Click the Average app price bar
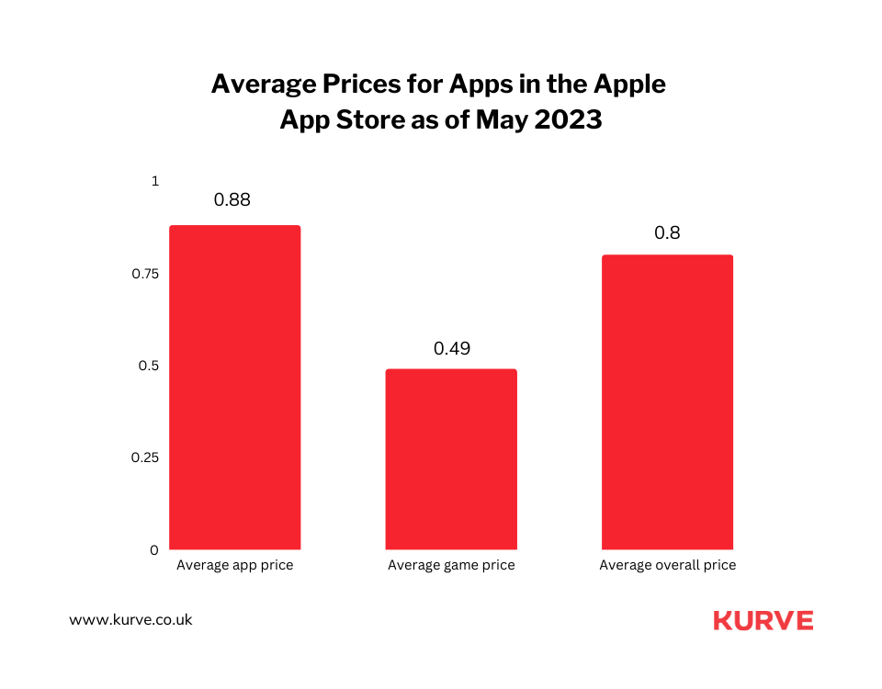(x=234, y=387)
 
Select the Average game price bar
(x=451, y=458)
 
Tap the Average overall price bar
(x=667, y=401)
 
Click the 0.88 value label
(x=232, y=199)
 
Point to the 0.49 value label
(x=451, y=348)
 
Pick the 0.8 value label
(x=667, y=232)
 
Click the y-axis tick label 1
(x=155, y=182)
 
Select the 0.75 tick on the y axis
(x=146, y=274)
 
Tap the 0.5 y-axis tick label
(x=150, y=366)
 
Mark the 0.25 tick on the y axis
(x=146, y=457)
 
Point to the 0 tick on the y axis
(x=154, y=550)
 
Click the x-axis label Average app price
(x=234, y=565)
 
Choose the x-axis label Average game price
(x=451, y=565)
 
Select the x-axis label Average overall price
(x=668, y=565)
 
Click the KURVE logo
(x=763, y=620)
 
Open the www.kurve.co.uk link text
(x=130, y=620)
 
